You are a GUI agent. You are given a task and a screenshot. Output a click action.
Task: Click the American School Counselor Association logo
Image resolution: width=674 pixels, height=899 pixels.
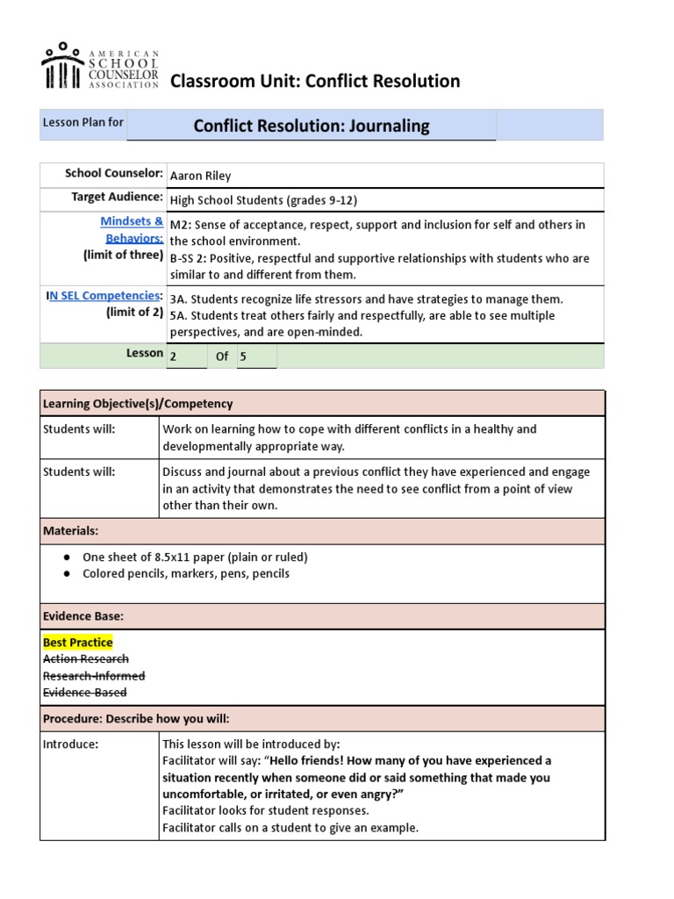click(99, 66)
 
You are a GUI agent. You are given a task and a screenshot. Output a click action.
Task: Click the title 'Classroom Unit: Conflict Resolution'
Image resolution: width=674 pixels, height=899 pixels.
click(314, 82)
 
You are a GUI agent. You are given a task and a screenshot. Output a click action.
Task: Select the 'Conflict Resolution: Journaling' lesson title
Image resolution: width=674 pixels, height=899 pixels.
click(312, 126)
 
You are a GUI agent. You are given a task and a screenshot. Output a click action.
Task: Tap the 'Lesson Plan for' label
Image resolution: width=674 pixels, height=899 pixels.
click(83, 122)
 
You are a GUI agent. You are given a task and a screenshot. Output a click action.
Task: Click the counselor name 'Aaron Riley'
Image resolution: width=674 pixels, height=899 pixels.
click(200, 176)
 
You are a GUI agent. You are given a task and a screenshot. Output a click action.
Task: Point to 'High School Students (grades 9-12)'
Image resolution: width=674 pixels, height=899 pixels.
click(263, 199)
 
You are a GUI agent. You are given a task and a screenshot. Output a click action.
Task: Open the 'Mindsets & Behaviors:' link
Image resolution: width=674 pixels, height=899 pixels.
click(132, 230)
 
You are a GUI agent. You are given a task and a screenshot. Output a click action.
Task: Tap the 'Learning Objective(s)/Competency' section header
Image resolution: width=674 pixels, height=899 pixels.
click(138, 404)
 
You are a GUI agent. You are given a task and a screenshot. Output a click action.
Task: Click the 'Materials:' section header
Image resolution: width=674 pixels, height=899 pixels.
click(71, 531)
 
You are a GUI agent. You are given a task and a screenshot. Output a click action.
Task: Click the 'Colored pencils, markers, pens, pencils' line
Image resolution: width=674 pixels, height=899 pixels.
click(185, 574)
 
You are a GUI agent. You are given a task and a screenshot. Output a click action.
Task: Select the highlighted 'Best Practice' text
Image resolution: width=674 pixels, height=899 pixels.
click(78, 643)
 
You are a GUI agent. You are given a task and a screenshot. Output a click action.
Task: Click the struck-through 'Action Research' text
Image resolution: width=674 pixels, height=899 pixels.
click(86, 658)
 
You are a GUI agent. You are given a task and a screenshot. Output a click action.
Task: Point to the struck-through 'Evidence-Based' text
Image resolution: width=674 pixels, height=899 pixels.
click(85, 692)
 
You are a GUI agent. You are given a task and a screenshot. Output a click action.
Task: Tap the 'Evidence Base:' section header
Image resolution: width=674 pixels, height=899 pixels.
click(82, 616)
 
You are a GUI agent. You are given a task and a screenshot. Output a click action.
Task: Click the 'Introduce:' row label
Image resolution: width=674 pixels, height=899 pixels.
click(71, 744)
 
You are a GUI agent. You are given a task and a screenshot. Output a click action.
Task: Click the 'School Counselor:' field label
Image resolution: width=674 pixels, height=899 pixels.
click(114, 173)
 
